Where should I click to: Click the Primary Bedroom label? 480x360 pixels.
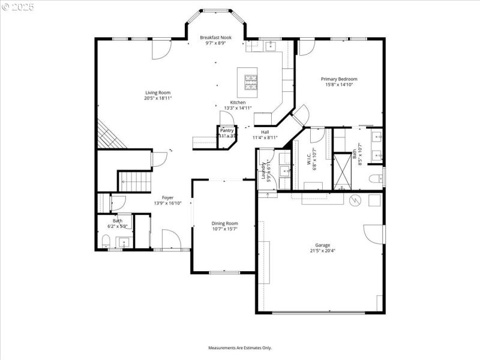click(x=339, y=79)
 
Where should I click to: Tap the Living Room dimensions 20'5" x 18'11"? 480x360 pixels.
click(x=158, y=98)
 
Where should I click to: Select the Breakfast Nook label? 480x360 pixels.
click(x=215, y=37)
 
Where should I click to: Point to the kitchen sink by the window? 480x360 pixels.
click(x=269, y=45)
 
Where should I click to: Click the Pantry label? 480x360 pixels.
click(x=227, y=130)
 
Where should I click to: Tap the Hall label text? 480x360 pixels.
click(x=265, y=132)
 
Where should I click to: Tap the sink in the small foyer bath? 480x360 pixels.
click(x=124, y=242)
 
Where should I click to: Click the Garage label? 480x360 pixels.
click(x=323, y=245)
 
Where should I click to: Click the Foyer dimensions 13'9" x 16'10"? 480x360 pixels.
click(x=167, y=203)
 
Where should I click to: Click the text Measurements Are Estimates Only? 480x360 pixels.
click(x=240, y=347)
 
